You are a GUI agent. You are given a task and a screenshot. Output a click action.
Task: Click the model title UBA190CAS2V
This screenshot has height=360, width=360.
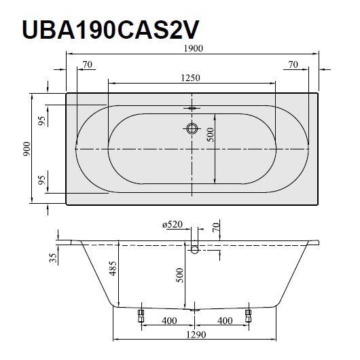(110, 30)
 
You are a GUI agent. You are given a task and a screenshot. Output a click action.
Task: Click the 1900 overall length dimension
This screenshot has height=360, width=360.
(194, 48)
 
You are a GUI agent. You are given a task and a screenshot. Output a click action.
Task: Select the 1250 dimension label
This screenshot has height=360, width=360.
(191, 78)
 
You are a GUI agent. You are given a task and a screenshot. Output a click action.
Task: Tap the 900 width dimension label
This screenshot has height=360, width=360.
(26, 149)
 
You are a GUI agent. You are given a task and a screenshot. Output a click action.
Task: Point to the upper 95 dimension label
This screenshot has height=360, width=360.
(42, 121)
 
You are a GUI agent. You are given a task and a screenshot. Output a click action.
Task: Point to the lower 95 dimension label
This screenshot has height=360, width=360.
(42, 180)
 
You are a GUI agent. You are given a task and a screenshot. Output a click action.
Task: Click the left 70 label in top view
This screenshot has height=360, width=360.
(88, 65)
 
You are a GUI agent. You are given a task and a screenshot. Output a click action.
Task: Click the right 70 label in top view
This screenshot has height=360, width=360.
(293, 65)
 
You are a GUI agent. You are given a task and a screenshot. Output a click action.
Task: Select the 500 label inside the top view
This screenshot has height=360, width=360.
(211, 134)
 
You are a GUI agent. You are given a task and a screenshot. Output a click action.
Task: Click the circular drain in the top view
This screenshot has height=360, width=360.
(192, 128)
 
